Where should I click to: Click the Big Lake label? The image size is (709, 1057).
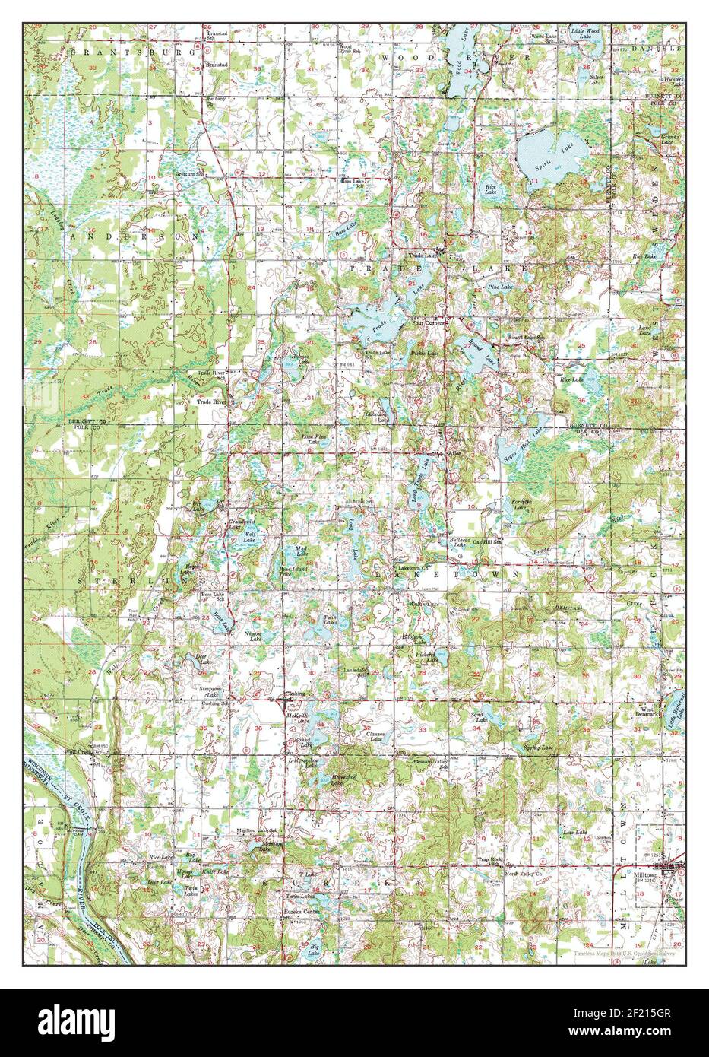(314, 949)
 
